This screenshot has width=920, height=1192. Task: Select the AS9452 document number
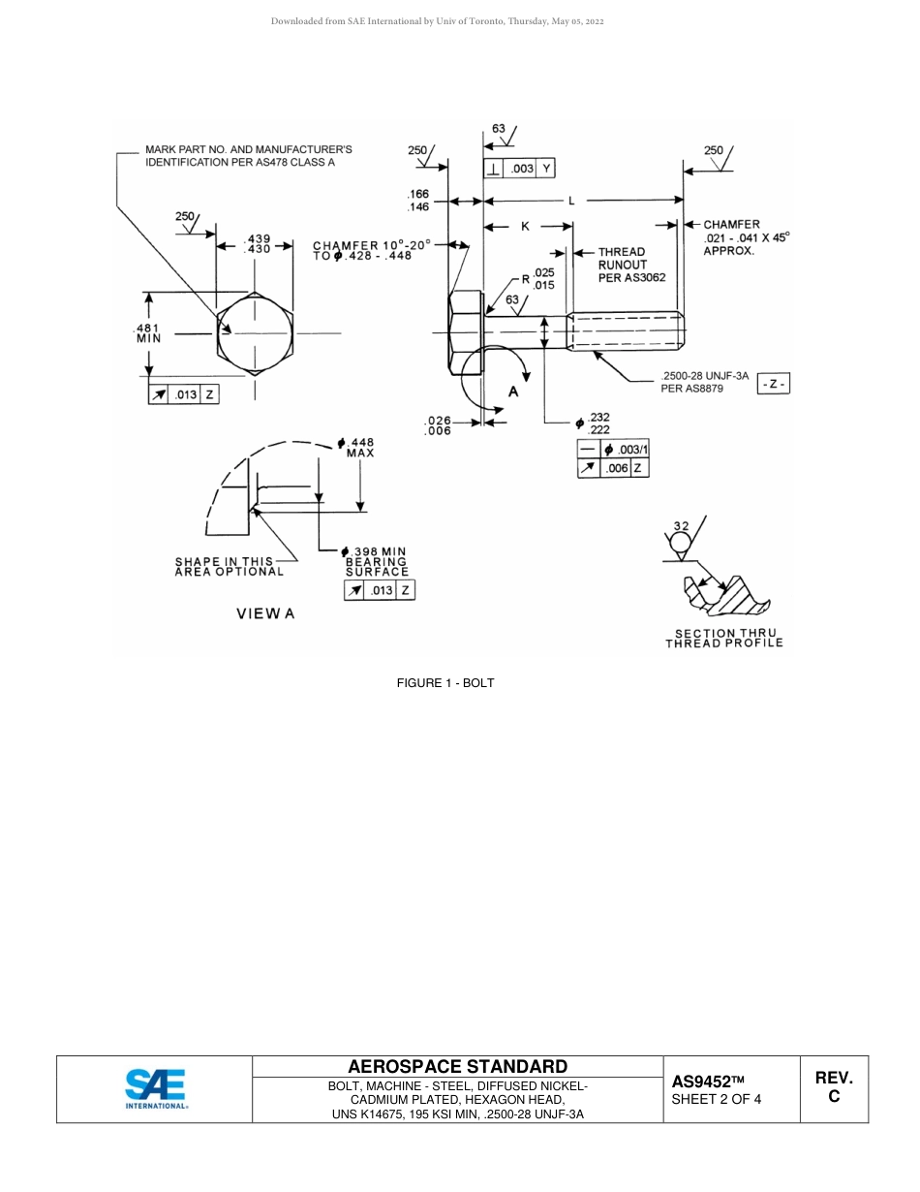click(708, 1082)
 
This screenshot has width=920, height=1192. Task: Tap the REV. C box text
click(834, 1087)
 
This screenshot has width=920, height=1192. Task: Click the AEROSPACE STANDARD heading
click(457, 1067)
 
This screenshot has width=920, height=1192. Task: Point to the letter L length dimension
click(571, 201)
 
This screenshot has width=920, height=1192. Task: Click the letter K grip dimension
click(525, 226)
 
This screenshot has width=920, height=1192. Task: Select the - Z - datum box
click(774, 385)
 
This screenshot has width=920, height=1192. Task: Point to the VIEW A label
click(265, 613)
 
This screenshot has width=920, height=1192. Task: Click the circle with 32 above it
click(682, 539)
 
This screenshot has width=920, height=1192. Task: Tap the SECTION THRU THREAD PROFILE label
click(723, 638)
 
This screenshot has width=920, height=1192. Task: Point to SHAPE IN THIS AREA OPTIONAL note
click(230, 566)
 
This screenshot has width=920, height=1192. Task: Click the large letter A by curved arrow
click(513, 392)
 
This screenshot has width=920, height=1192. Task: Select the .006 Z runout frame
click(613, 468)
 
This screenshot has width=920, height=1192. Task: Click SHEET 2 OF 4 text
click(716, 1100)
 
